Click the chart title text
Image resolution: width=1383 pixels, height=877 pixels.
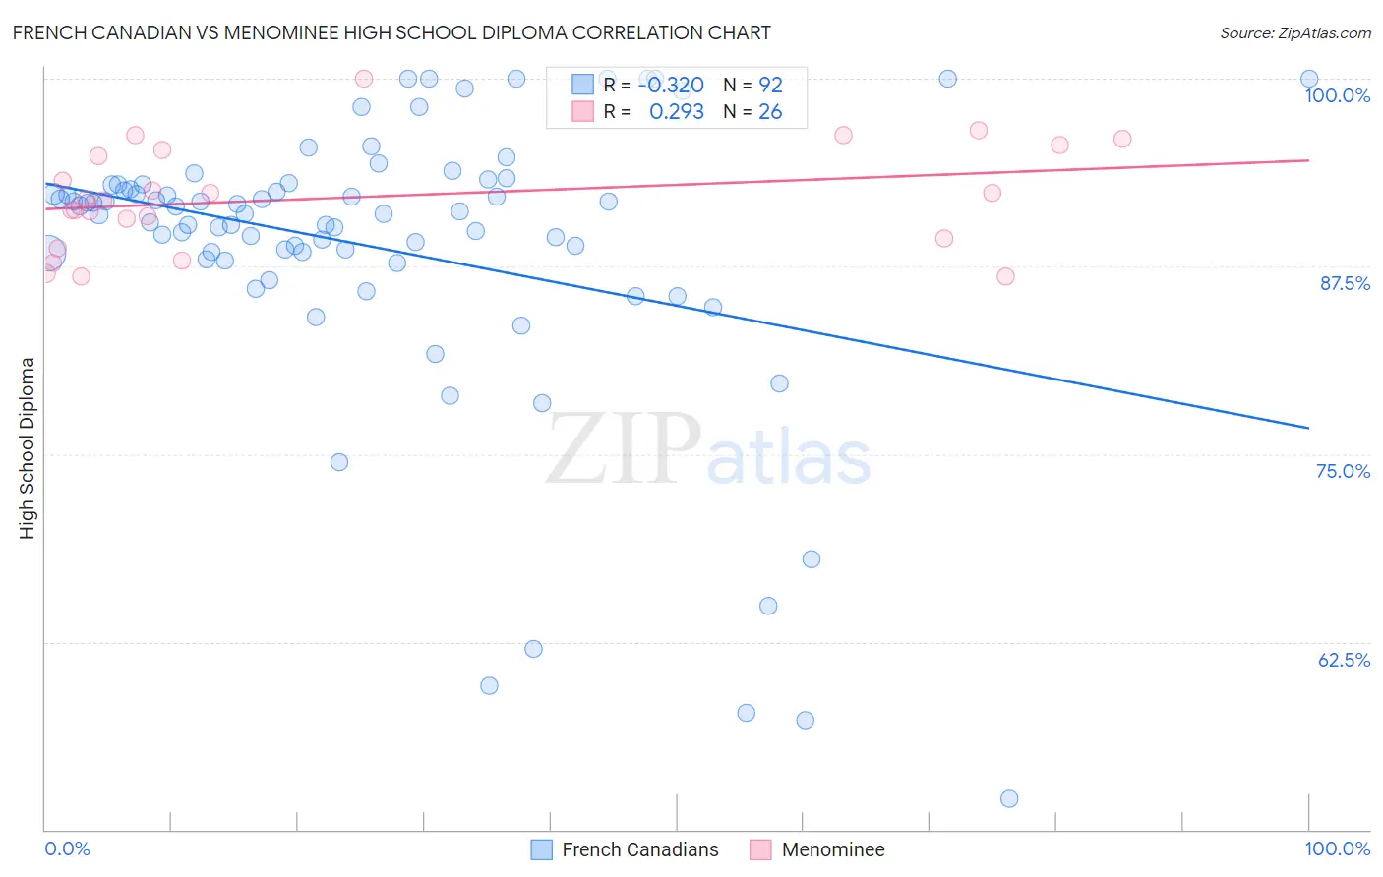391,32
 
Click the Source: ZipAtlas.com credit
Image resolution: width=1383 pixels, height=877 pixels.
1294,32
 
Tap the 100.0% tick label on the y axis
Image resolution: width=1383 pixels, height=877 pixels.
1337,95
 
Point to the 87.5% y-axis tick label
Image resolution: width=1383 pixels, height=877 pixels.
1344,283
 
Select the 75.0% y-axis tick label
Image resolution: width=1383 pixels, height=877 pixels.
1343,471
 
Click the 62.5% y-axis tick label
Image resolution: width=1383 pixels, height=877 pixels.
1344,660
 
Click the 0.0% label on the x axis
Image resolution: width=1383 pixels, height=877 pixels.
67,848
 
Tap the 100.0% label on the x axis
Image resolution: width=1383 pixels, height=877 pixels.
1337,848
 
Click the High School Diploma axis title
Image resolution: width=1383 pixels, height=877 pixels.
28,447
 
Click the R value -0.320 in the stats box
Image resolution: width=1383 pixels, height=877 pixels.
671,86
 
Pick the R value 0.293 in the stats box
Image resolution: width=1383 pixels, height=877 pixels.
677,112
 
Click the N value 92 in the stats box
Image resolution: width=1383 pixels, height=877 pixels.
770,86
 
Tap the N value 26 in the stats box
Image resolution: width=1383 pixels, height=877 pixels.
770,112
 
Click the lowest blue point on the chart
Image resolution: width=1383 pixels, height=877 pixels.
1009,798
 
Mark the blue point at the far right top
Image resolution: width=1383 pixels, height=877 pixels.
1309,79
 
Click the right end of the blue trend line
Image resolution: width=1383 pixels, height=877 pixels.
1309,428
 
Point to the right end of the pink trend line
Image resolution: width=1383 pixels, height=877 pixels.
1309,159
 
